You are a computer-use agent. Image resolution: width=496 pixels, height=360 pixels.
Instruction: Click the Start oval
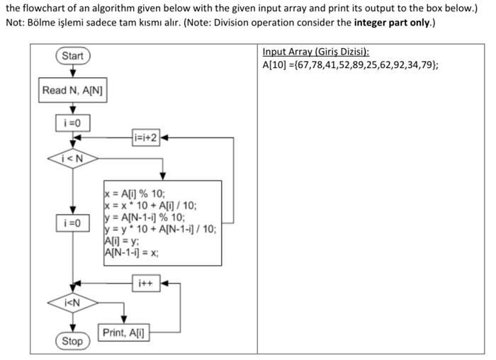click(x=72, y=56)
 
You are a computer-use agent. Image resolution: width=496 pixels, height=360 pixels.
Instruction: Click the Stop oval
click(x=72, y=341)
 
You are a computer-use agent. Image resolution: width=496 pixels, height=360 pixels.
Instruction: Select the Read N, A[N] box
click(x=73, y=90)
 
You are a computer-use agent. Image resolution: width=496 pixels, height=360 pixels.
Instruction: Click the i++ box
click(x=145, y=284)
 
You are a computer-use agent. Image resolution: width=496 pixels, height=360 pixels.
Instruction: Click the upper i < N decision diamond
click(x=73, y=158)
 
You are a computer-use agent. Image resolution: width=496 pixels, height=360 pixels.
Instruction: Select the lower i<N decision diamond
click(x=73, y=303)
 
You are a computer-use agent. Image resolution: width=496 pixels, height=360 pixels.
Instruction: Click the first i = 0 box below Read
click(x=73, y=123)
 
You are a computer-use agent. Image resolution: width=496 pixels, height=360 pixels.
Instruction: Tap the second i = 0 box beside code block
click(x=73, y=223)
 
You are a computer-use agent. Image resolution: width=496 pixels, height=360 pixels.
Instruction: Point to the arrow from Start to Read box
click(x=72, y=72)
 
